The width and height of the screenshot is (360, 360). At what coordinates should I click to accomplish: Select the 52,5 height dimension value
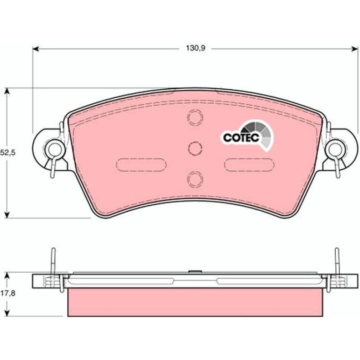click(7, 152)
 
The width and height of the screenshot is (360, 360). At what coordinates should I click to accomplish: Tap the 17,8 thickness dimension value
click(7, 293)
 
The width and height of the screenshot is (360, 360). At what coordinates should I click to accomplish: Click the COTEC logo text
click(241, 137)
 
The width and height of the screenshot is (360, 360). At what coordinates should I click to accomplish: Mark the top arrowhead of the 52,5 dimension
click(7, 91)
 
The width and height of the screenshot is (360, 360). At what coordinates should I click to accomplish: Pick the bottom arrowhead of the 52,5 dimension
click(7, 215)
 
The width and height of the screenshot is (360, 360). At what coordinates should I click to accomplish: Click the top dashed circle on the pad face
click(195, 117)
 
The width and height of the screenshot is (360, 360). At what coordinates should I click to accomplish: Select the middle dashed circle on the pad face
click(195, 148)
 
